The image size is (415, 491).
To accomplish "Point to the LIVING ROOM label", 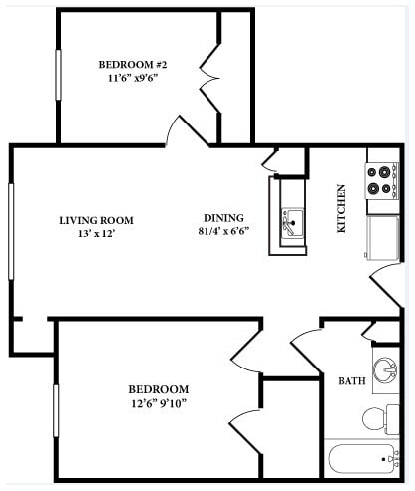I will click(96, 221).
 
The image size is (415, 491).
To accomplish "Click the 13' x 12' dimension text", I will click(96, 235).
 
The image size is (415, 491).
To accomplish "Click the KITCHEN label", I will click(341, 208).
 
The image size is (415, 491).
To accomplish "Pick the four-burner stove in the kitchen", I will click(381, 180).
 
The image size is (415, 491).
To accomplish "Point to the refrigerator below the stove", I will click(383, 236).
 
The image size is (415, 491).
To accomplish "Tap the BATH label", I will click(351, 381).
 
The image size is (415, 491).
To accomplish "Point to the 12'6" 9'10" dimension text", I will click(158, 403).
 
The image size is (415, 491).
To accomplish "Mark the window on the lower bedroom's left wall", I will click(57, 409).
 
